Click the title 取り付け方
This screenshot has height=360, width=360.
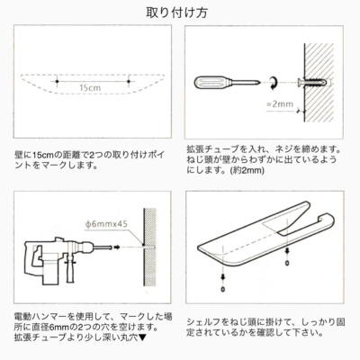click(x=177, y=13)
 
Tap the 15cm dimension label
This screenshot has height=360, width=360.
click(x=90, y=88)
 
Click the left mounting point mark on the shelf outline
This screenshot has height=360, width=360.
click(x=57, y=81)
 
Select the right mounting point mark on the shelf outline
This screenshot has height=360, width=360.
click(x=129, y=81)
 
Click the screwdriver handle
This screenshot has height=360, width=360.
click(x=212, y=82)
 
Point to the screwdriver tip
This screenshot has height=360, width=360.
click(x=258, y=82)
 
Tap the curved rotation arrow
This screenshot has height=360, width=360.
click(x=273, y=82)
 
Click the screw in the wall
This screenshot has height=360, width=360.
click(x=312, y=82)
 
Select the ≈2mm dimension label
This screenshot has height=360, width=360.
click(x=280, y=104)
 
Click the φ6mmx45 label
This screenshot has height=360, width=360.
click(x=106, y=224)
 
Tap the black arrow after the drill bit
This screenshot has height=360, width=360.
click(x=117, y=247)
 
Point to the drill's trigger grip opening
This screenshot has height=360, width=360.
click(x=38, y=256)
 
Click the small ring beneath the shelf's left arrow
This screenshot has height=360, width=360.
click(x=222, y=290)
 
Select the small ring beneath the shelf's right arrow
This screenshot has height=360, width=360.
click(x=287, y=263)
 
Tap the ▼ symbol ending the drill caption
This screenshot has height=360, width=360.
click(x=143, y=337)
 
